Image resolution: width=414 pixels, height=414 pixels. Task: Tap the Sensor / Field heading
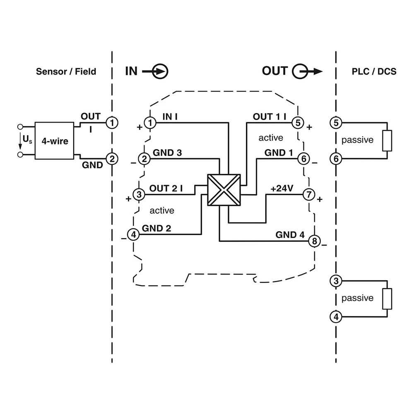coord(66,71)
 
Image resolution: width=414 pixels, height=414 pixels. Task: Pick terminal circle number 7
coord(309,194)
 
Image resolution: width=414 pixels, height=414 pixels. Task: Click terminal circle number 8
coord(314,241)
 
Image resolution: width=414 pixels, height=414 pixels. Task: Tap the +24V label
coord(282,189)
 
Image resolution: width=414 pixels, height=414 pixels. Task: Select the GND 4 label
coord(290,235)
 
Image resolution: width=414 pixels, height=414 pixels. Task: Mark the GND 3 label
coord(167,153)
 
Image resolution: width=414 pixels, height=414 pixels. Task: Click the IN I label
coord(170,117)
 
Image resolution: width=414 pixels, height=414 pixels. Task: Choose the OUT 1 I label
coord(270,117)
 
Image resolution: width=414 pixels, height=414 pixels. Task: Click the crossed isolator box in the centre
coord(224,190)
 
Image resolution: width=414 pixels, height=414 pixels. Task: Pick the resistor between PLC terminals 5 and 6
coord(387,140)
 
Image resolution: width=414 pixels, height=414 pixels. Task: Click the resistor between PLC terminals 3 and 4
coord(387,299)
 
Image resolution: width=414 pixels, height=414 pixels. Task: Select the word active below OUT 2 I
coord(162,211)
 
